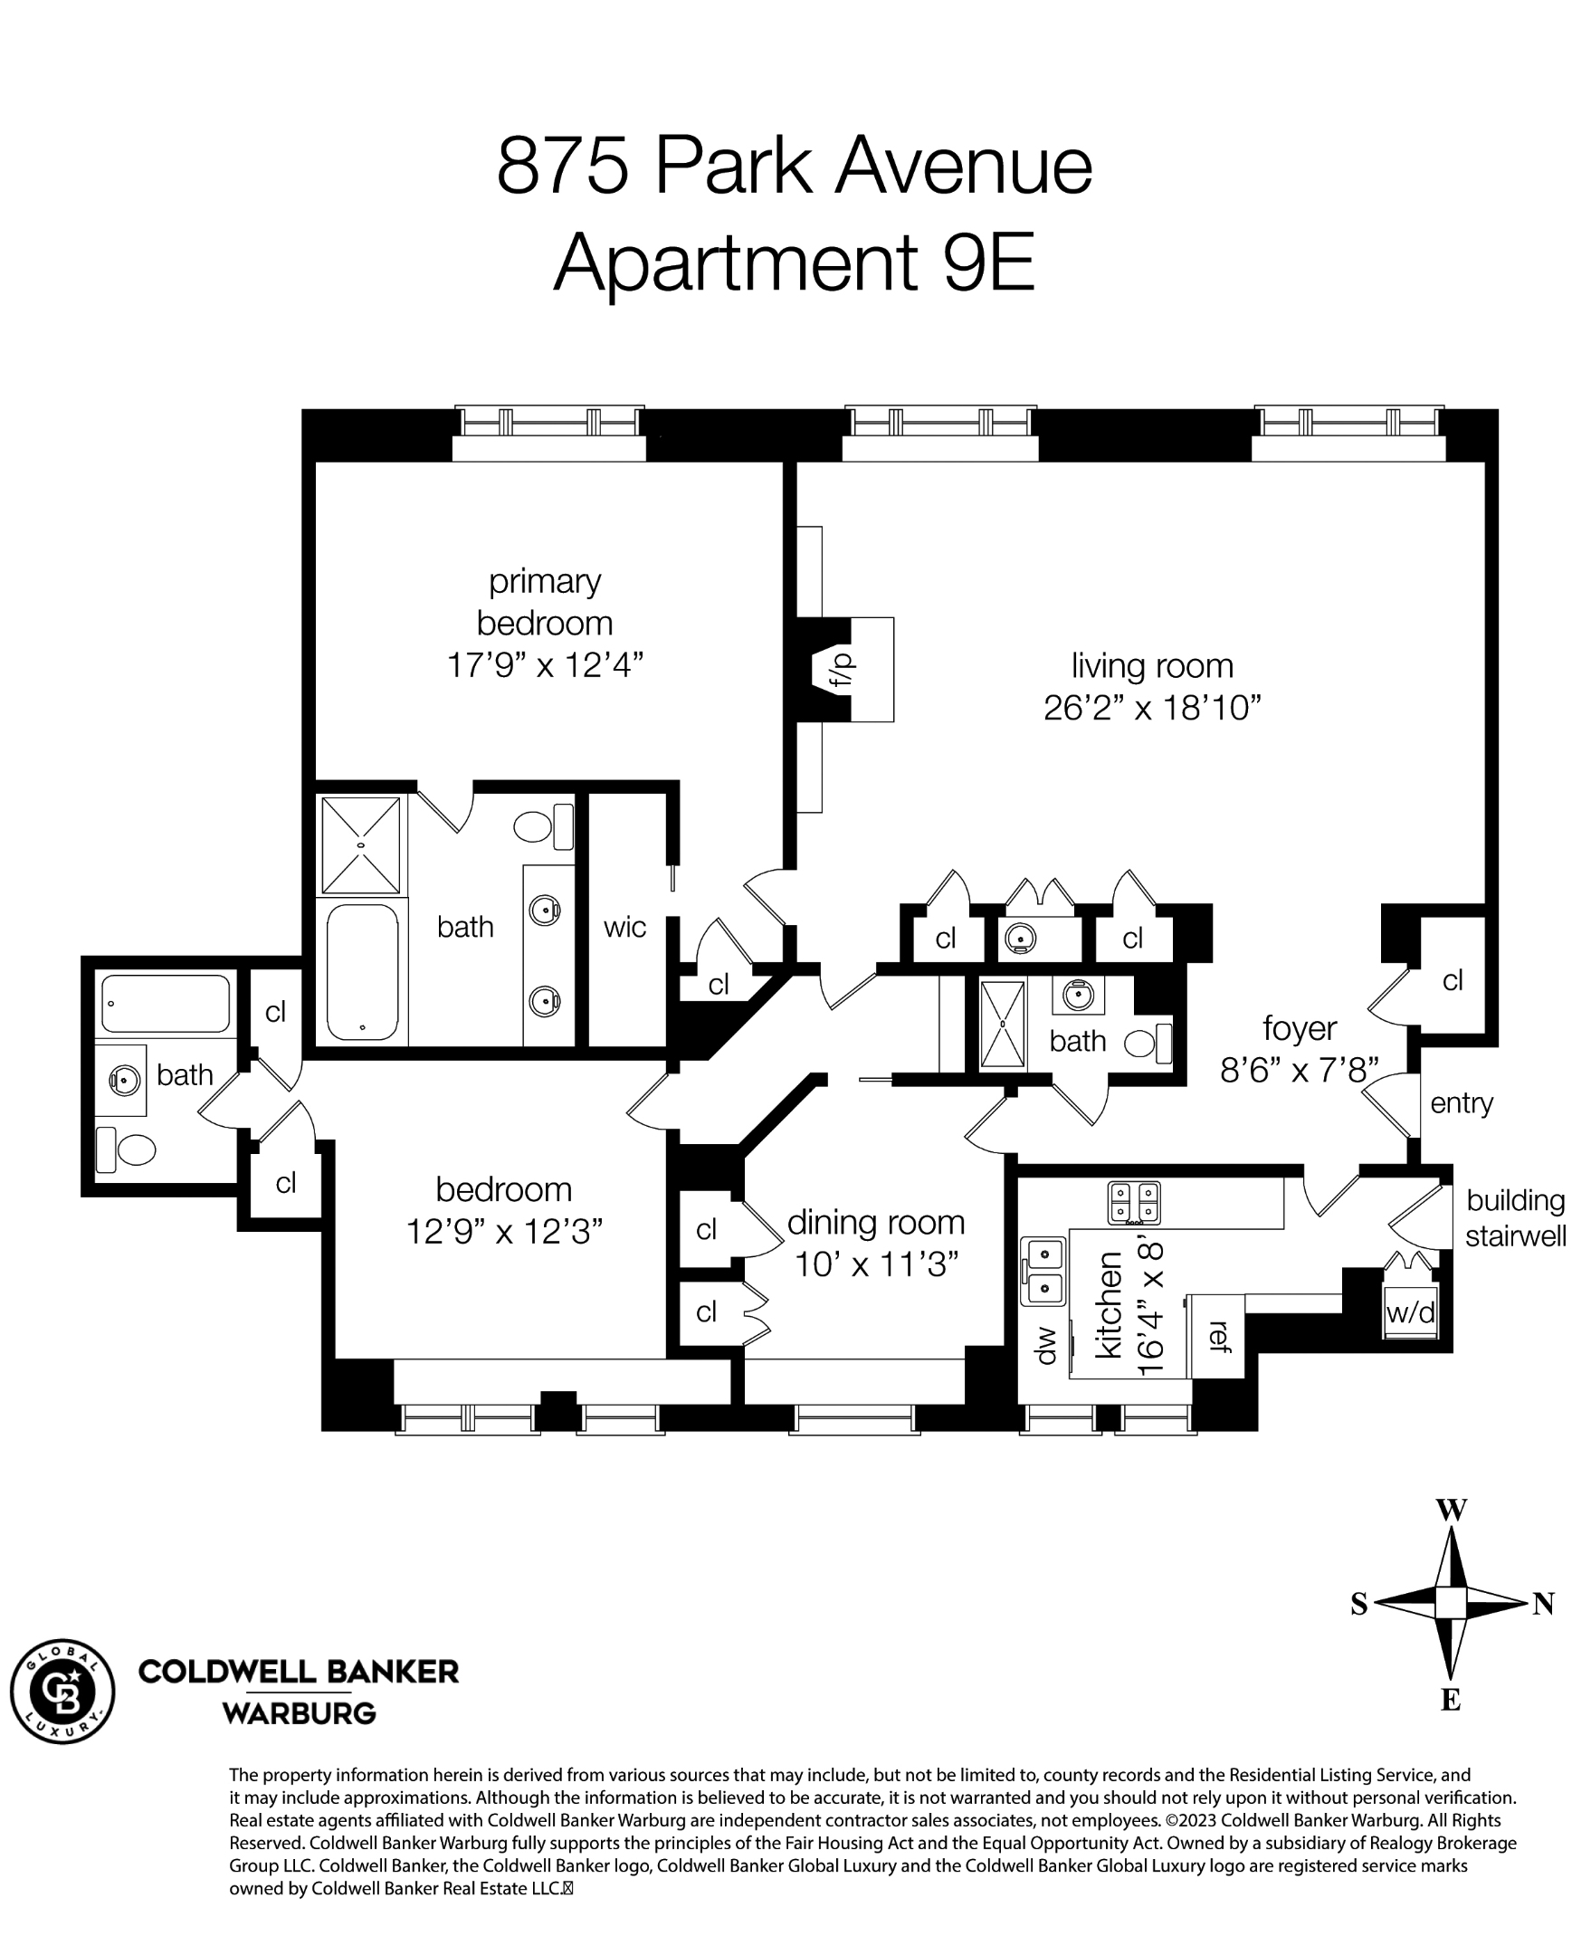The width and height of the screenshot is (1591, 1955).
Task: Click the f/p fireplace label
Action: pyautogui.click(x=842, y=670)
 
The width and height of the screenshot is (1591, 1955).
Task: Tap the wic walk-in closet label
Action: pyautogui.click(x=625, y=927)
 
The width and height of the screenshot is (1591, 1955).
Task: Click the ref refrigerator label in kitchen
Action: pyautogui.click(x=1219, y=1335)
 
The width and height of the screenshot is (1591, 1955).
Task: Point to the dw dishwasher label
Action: pyautogui.click(x=1044, y=1345)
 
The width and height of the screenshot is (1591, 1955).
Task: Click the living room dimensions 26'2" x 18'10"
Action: pyautogui.click(x=1152, y=708)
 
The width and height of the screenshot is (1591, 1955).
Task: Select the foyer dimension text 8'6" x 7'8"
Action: pyautogui.click(x=1299, y=1070)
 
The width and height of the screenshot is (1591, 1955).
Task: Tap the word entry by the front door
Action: pyautogui.click(x=1461, y=1102)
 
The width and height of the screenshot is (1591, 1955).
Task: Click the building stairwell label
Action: pyautogui.click(x=1515, y=1217)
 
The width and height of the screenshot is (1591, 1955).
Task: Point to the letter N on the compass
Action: pyautogui.click(x=1543, y=1603)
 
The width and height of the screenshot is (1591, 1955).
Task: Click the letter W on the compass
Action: pyautogui.click(x=1451, y=1510)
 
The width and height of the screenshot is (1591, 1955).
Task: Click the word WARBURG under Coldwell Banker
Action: pyautogui.click(x=299, y=1713)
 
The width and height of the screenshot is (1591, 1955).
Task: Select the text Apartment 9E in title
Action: pyautogui.click(x=794, y=263)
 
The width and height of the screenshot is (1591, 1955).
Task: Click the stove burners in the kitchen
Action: pyautogui.click(x=1135, y=1203)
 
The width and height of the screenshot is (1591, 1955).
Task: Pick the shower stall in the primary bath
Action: pyautogui.click(x=361, y=845)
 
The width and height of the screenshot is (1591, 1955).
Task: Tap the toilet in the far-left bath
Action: pyautogui.click(x=128, y=1149)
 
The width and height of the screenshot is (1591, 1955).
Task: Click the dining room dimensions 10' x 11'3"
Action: pyautogui.click(x=875, y=1264)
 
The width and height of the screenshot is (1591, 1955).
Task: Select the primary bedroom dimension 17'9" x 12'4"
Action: pyautogui.click(x=545, y=664)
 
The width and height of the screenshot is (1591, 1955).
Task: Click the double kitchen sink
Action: pyautogui.click(x=1043, y=1271)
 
